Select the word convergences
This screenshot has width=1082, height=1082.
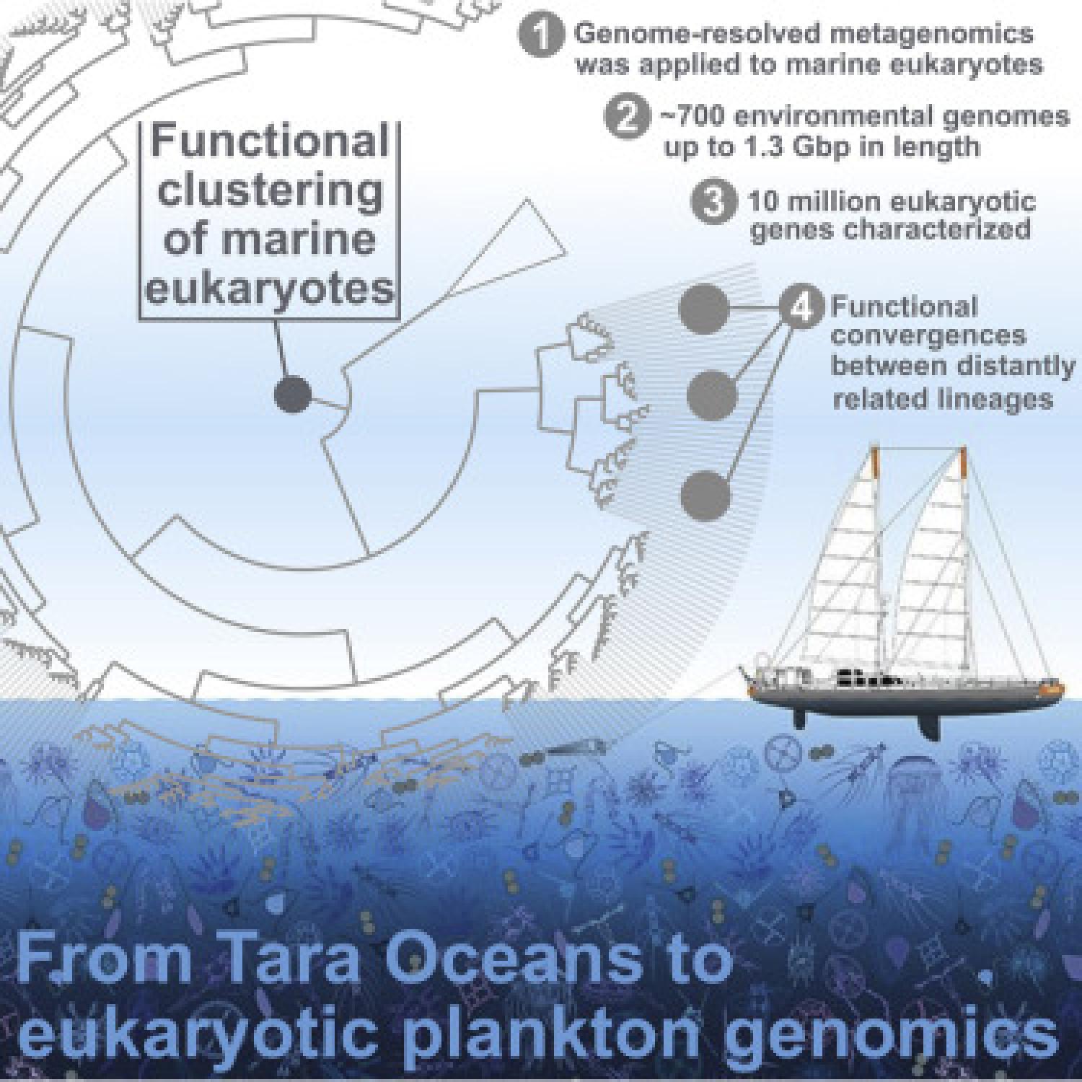(929, 336)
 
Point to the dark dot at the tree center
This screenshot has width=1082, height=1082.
(293, 395)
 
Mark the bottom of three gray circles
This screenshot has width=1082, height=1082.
(705, 496)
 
